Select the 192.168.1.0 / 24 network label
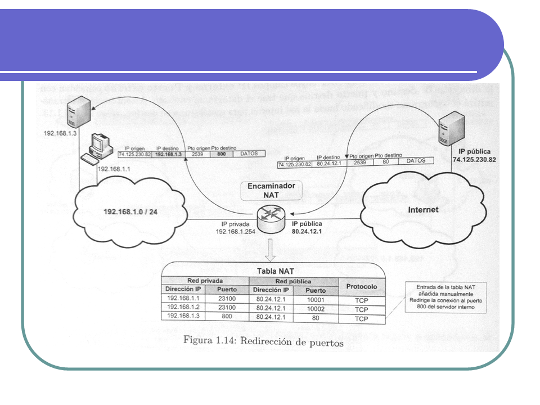coord(133,212)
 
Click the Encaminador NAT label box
coord(271,191)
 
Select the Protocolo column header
coord(362,287)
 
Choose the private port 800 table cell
coord(227,317)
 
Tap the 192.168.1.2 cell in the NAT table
coord(183,309)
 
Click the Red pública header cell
coord(293,281)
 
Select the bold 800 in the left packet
coord(222,153)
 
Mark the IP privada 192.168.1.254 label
coord(235,227)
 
